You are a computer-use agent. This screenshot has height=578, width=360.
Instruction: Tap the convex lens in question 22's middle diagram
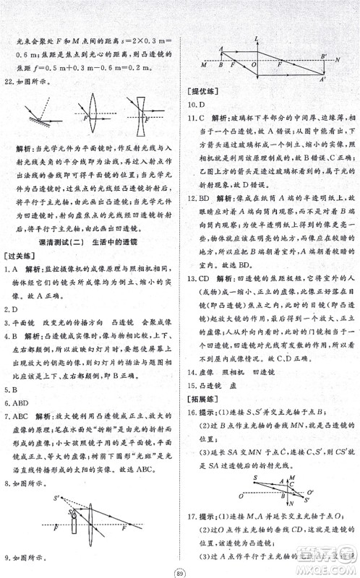[98, 116]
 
